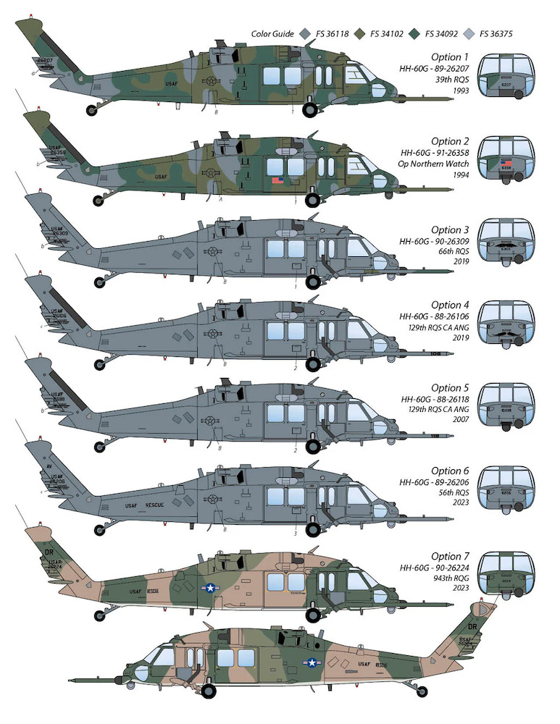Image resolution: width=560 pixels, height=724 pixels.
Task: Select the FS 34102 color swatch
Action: pyautogui.click(x=361, y=34)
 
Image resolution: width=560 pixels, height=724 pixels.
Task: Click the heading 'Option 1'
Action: pyautogui.click(x=446, y=56)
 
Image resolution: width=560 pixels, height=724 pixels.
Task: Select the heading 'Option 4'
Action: pyautogui.click(x=446, y=306)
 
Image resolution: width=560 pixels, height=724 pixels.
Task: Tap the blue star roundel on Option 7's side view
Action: pyautogui.click(x=209, y=590)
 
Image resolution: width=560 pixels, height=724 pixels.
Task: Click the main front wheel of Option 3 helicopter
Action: pyautogui.click(x=312, y=282)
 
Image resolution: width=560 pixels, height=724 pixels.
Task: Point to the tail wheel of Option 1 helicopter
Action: pyautogui.click(x=93, y=109)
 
